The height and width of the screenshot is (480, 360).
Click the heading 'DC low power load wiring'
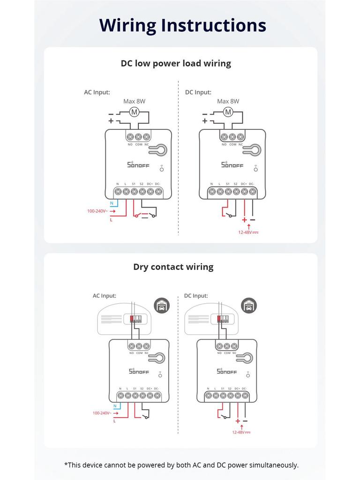[x=176, y=63]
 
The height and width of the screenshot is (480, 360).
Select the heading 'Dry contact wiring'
[x=173, y=267]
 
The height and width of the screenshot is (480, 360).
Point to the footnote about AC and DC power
[x=181, y=465]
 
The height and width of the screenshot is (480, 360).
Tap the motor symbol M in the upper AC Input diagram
[x=135, y=112]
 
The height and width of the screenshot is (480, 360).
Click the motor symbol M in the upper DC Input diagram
[x=228, y=112]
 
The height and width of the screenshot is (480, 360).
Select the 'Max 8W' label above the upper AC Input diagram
[x=134, y=101]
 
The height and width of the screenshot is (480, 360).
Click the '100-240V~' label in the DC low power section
[x=97, y=211]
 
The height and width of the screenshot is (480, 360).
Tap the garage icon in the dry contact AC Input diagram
[x=162, y=306]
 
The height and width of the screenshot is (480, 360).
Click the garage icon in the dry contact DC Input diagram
[x=248, y=306]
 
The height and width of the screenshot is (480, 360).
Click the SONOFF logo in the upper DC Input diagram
[x=232, y=165]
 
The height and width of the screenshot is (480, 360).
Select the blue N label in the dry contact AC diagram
[x=115, y=406]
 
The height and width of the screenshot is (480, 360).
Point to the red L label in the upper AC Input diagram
[x=111, y=219]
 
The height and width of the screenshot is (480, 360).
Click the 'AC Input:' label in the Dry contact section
[x=104, y=296]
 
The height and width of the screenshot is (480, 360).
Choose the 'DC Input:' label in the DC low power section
[x=198, y=92]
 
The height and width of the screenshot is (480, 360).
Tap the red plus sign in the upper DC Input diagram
[x=244, y=219]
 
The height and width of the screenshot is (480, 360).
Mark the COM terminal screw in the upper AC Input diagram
[x=139, y=137]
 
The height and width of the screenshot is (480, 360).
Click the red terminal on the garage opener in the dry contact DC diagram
[x=219, y=319]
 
